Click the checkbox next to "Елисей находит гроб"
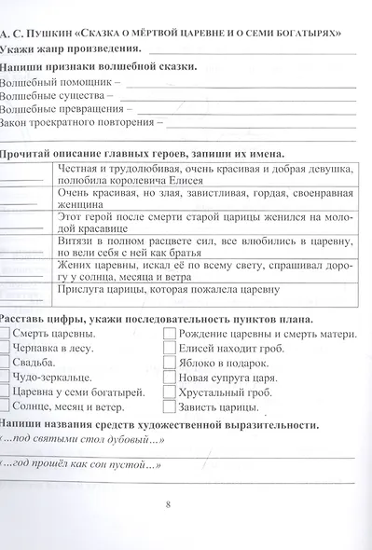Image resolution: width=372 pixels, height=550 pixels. [168, 350]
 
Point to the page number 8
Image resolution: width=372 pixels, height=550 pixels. [168, 505]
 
